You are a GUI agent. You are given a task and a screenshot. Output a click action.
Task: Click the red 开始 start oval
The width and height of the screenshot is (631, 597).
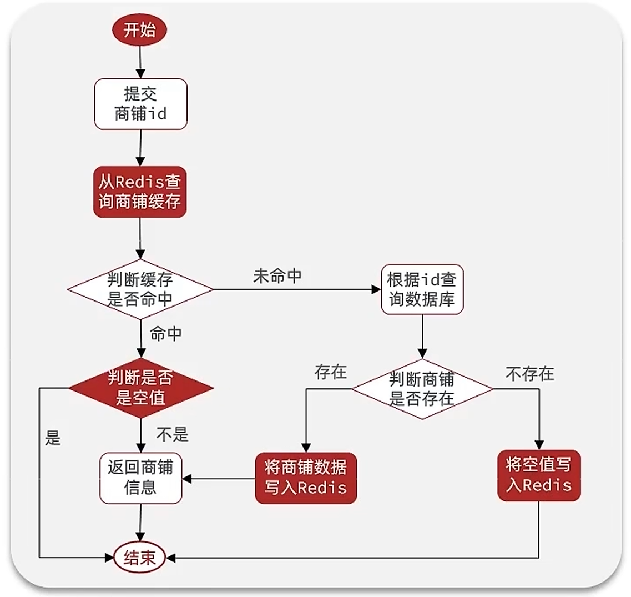[140, 30]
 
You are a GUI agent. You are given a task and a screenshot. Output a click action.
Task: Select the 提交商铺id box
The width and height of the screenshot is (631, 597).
[140, 104]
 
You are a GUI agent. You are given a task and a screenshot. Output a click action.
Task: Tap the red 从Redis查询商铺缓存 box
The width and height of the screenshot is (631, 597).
[140, 192]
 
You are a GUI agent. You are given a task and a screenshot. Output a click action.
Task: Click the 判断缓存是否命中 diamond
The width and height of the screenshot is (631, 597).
[140, 289]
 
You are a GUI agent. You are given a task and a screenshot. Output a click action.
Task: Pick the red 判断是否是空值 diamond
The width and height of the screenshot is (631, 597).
[140, 388]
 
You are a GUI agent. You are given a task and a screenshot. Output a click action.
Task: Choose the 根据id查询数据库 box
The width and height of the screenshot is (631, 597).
[422, 289]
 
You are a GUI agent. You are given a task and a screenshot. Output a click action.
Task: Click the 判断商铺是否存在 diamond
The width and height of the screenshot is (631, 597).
[422, 389]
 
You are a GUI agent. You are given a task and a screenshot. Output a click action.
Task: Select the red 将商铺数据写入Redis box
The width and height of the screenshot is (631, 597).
[306, 478]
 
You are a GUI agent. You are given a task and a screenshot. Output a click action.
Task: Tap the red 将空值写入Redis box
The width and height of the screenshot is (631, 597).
[538, 475]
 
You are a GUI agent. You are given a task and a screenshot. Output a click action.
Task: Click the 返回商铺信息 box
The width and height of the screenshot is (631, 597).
[140, 478]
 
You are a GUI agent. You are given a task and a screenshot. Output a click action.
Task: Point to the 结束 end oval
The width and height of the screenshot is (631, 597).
[140, 558]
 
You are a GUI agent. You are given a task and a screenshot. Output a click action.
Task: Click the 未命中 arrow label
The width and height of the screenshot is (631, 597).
[277, 276]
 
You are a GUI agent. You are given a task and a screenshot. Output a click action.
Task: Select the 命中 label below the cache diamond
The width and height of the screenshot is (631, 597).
[165, 334]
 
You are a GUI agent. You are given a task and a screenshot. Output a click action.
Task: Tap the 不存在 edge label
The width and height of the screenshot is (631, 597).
[529, 374]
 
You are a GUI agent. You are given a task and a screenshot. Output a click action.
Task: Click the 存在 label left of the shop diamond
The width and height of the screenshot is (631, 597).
[330, 372]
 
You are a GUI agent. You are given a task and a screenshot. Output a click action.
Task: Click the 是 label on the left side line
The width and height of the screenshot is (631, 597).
[53, 438]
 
